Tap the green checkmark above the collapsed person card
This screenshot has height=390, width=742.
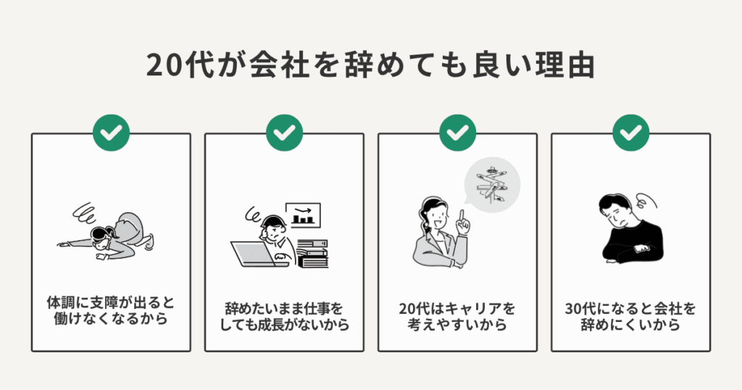tap(111, 133)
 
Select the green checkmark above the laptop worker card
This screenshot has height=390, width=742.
tap(284, 133)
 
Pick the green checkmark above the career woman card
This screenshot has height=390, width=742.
tap(457, 133)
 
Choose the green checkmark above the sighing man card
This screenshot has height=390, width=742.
tap(631, 133)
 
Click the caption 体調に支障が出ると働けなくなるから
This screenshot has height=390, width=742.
tap(111, 311)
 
